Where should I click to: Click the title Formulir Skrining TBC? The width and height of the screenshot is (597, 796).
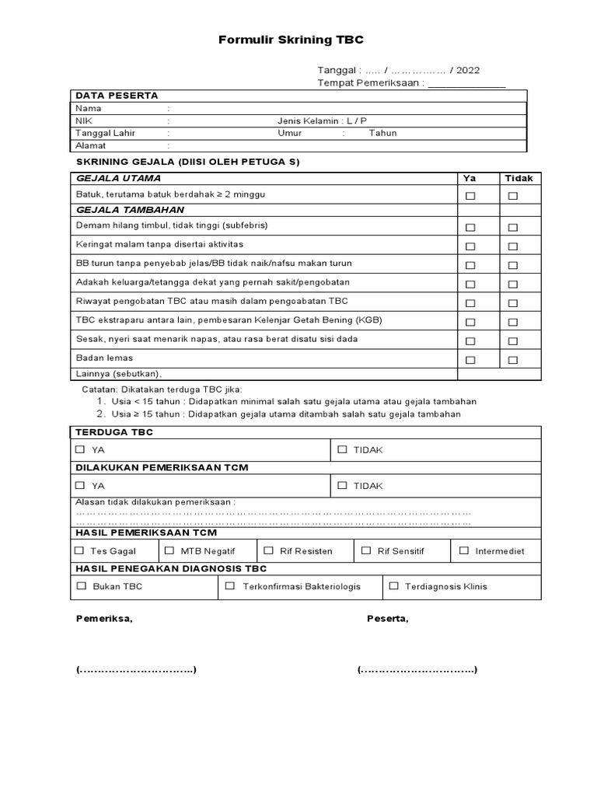click(x=291, y=40)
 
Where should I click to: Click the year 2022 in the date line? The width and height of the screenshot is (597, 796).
click(x=468, y=70)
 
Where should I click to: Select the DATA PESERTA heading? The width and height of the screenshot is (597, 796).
click(x=117, y=96)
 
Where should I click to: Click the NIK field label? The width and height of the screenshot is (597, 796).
click(x=83, y=120)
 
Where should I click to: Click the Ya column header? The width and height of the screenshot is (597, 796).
click(x=470, y=178)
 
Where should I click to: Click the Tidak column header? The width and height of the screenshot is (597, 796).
click(x=519, y=178)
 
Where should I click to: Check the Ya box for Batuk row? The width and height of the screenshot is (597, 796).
click(x=470, y=196)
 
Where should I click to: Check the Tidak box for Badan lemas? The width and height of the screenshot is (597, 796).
click(x=513, y=360)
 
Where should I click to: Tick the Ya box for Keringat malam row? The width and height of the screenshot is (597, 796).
click(x=470, y=246)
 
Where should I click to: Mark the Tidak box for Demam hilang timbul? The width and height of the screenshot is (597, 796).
click(x=513, y=228)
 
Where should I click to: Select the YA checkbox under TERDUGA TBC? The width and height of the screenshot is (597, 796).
click(x=81, y=449)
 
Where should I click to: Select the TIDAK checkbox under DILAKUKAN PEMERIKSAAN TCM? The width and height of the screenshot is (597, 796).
click(x=343, y=485)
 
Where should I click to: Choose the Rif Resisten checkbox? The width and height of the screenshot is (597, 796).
click(x=268, y=550)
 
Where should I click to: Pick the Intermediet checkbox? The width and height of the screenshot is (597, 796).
click(x=463, y=550)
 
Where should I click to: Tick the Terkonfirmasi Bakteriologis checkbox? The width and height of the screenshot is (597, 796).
click(x=230, y=586)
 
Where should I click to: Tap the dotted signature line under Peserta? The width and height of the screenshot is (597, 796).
click(x=417, y=670)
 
